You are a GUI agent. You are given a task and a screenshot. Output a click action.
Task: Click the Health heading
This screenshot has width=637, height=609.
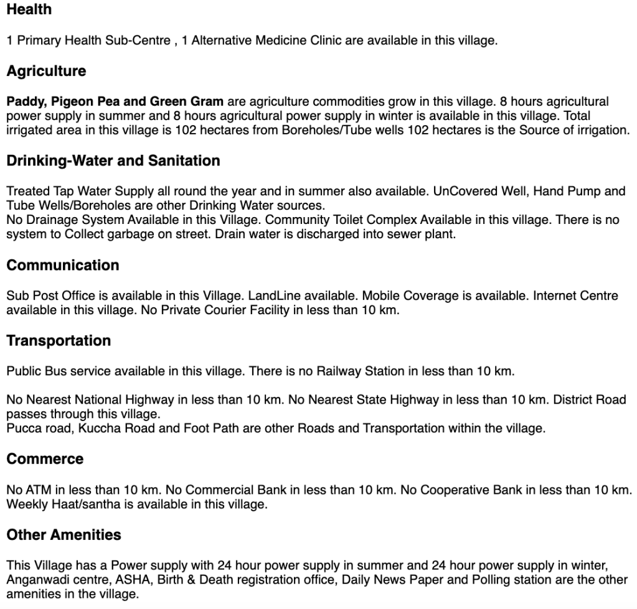click(x=29, y=10)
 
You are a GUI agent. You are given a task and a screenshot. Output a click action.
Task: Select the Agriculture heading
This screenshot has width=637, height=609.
click(x=46, y=71)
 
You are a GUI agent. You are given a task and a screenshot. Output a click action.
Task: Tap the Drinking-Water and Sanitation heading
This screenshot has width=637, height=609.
click(x=113, y=160)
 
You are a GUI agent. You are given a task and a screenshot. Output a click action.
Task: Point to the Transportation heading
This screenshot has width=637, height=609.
click(x=59, y=341)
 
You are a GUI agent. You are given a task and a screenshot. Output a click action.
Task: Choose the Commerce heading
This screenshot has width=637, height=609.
click(x=45, y=459)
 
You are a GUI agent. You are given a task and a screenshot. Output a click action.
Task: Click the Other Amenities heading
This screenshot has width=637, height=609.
click(x=64, y=535)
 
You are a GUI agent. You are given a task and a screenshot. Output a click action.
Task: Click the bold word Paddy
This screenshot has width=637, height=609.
click(x=24, y=101)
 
